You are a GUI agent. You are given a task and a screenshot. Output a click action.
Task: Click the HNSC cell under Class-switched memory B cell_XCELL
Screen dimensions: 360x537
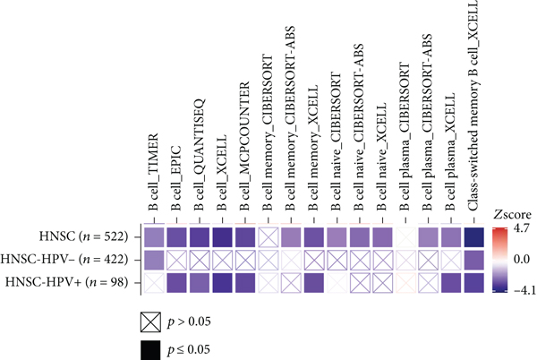point(475,237)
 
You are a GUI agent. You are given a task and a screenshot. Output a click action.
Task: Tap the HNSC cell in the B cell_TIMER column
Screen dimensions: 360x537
point(153,237)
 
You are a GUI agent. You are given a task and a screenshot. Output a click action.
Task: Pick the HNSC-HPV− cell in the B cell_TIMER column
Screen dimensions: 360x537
point(153,261)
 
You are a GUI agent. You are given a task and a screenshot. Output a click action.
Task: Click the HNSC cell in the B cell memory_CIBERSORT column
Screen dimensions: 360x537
point(268,237)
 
